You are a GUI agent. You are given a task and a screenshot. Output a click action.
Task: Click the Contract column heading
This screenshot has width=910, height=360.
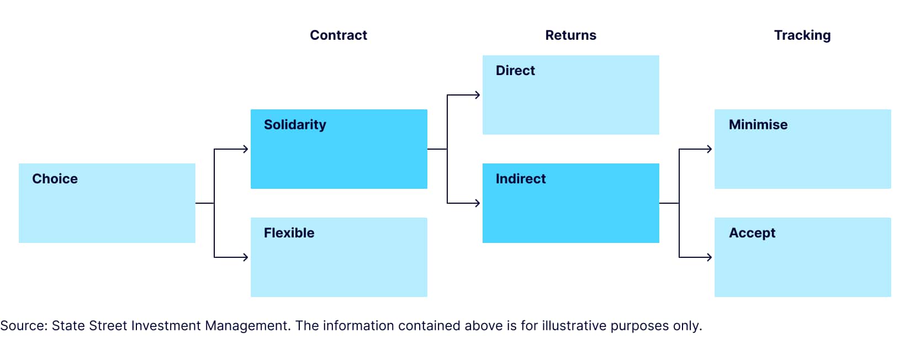click(x=338, y=35)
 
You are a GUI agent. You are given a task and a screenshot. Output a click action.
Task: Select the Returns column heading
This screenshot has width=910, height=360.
click(x=570, y=35)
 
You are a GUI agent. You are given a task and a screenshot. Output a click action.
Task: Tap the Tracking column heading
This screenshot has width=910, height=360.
click(x=802, y=35)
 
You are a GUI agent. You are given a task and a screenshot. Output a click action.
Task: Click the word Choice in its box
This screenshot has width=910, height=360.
click(x=55, y=179)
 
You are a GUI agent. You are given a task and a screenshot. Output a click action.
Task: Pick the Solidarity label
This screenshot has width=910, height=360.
click(x=295, y=125)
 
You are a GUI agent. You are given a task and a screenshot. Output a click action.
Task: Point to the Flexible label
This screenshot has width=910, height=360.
click(x=289, y=233)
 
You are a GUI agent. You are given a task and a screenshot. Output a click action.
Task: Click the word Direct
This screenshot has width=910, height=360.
click(x=515, y=71)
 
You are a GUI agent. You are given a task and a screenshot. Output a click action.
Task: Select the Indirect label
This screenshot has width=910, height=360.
click(x=520, y=179)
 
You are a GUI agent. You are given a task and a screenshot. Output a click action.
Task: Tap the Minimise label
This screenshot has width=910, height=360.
click(x=758, y=125)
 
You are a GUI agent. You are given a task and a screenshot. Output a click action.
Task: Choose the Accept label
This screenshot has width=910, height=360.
click(x=752, y=233)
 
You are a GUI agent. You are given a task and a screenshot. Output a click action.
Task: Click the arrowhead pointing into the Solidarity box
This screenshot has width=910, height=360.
click(x=246, y=149)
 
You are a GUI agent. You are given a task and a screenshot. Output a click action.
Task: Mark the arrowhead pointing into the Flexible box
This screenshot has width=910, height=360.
click(x=246, y=257)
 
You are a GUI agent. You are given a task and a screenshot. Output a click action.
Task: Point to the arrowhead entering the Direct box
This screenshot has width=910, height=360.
click(x=478, y=95)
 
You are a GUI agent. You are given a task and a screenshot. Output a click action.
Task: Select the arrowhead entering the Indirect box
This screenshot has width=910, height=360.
click(x=478, y=203)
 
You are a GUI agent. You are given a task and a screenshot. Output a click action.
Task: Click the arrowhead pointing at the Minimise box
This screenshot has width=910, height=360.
click(x=710, y=149)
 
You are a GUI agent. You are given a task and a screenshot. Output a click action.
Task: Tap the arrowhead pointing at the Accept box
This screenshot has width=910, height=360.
click(x=710, y=257)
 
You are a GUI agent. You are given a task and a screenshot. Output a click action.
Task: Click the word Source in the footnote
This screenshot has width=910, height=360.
click(x=23, y=326)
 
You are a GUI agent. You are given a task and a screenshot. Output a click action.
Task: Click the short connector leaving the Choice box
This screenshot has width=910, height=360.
click(x=204, y=203)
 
